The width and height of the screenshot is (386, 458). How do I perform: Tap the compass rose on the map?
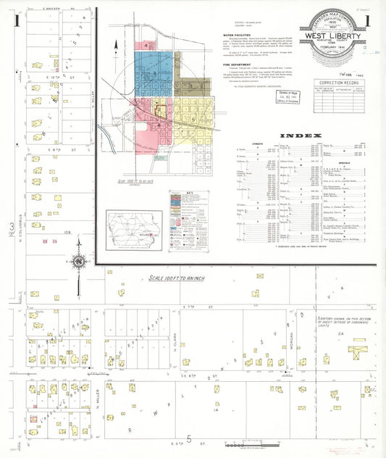tap(77, 261)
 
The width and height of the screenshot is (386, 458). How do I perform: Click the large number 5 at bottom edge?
tap(189, 440)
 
